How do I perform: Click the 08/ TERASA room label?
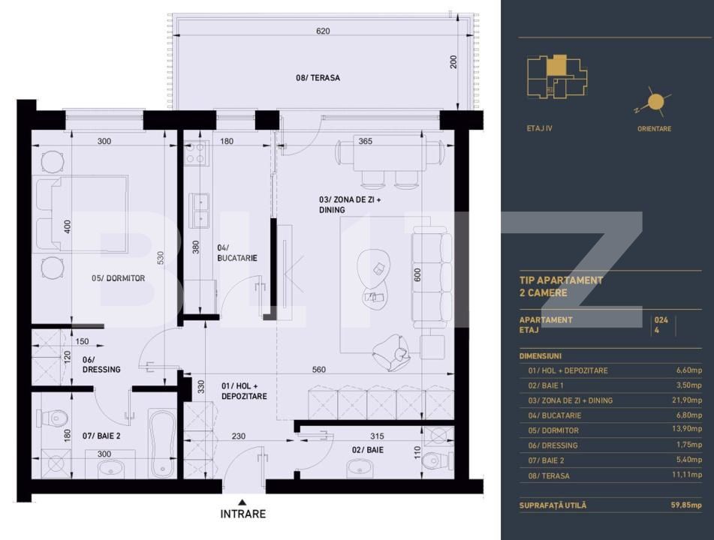(x=318, y=78)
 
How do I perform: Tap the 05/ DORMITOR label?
(x=118, y=278)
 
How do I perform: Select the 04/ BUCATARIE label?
(x=236, y=253)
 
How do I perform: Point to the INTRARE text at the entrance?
(x=243, y=514)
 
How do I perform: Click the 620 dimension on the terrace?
(x=323, y=31)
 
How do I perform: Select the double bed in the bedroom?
(x=83, y=214)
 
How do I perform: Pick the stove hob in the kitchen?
(x=196, y=154)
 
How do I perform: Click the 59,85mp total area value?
(x=685, y=505)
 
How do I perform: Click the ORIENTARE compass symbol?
(x=654, y=103)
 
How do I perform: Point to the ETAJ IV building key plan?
(x=556, y=78)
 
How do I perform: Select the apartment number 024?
(x=661, y=319)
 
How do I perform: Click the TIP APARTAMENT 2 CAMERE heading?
(x=561, y=286)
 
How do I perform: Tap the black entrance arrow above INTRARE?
(x=242, y=502)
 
